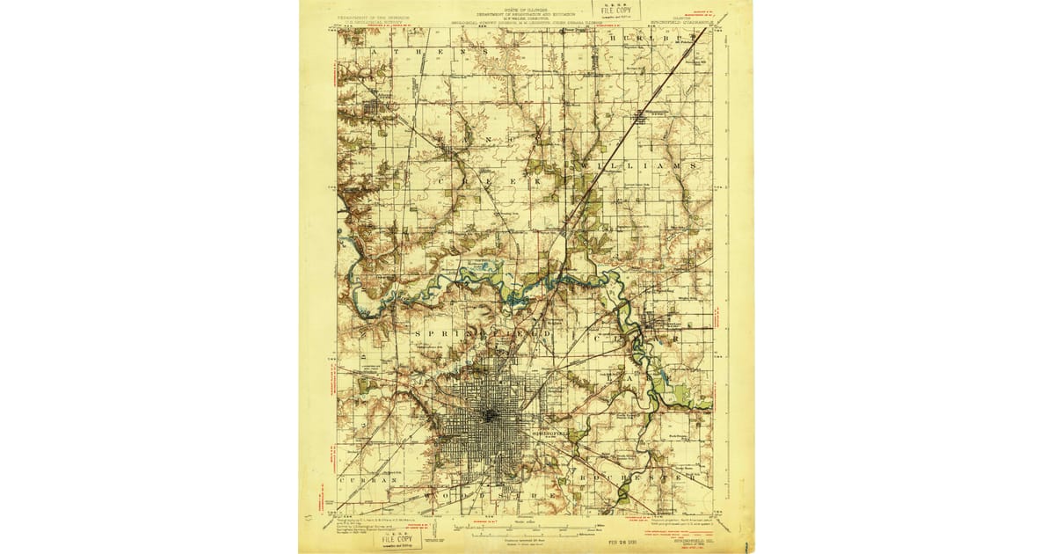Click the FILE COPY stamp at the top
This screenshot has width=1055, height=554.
tap(615, 10)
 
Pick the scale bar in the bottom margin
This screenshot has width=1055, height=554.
tap(525, 525)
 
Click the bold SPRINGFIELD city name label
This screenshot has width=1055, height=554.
tap(552, 434)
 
